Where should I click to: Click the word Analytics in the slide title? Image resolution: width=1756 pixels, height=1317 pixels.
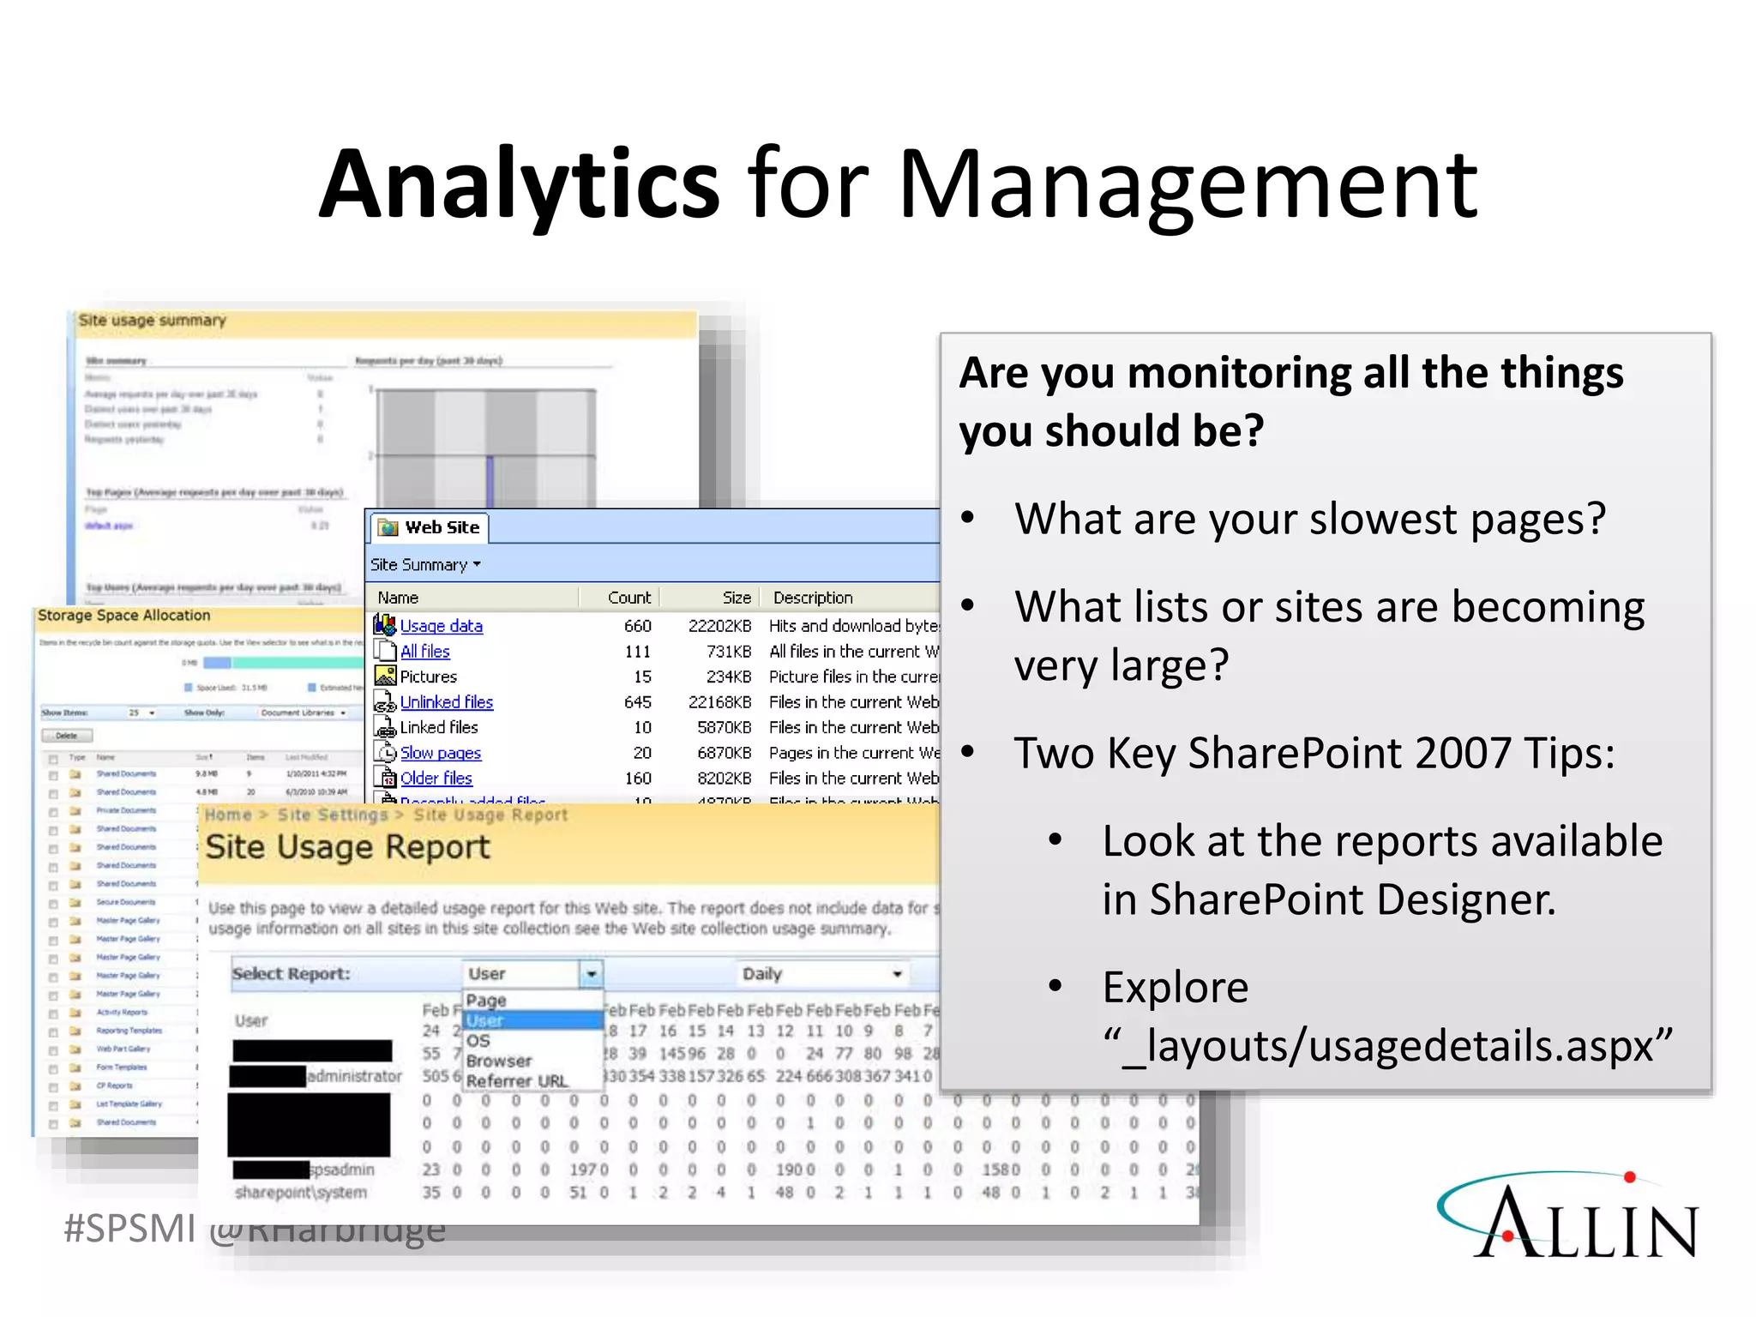point(520,184)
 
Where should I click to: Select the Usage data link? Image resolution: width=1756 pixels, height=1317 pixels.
point(441,626)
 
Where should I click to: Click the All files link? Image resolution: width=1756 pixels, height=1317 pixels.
point(424,652)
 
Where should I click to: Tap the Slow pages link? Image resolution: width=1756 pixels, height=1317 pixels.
point(440,753)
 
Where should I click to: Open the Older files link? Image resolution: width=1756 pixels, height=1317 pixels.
point(436,779)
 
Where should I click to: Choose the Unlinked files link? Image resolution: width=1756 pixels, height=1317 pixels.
point(446,702)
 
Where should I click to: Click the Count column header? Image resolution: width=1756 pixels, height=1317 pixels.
point(628,598)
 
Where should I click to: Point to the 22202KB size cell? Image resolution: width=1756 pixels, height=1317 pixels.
point(719,626)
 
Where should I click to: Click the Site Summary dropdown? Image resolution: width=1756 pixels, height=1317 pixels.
point(425,565)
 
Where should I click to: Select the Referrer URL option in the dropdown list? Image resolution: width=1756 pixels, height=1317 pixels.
point(517,1081)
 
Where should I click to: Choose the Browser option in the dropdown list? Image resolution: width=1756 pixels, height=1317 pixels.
point(499,1061)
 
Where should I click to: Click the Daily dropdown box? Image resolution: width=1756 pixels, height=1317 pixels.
point(821,974)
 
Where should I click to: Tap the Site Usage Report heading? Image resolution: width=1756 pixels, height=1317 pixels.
point(347,847)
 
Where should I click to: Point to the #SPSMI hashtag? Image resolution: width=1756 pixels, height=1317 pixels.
point(129,1229)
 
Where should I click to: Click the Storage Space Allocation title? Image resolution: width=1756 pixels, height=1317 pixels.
point(123,616)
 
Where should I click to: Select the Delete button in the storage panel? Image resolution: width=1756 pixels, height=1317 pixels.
point(67,736)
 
